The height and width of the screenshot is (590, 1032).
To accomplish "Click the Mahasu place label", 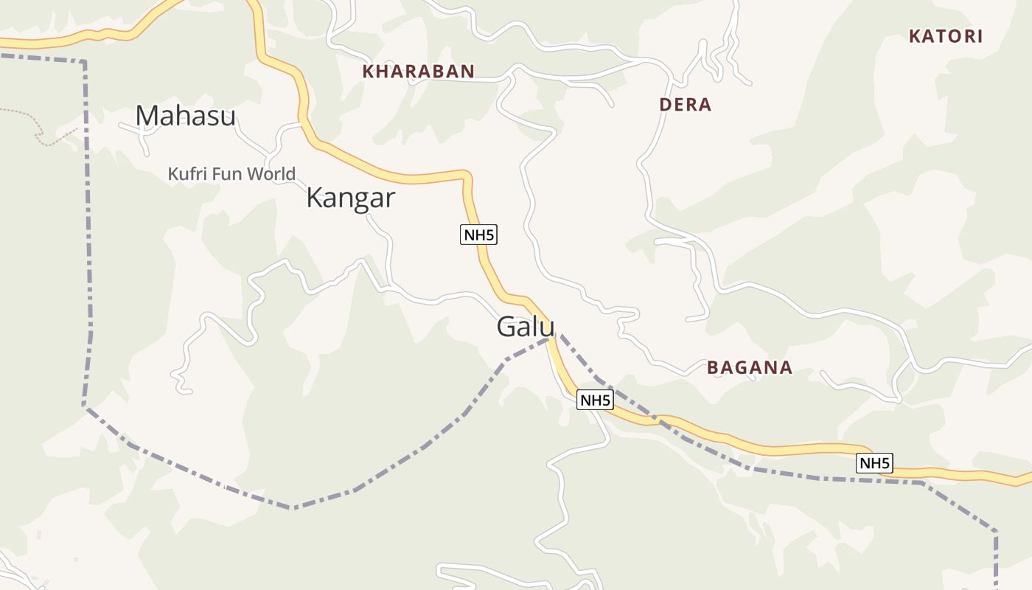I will coord(185,116).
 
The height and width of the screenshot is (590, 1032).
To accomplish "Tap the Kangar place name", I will coord(350,198).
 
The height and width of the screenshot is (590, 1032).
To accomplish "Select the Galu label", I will coord(525,327).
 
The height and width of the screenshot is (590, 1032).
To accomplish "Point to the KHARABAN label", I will coord(418,72).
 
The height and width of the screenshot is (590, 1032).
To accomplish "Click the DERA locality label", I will coord(686,105).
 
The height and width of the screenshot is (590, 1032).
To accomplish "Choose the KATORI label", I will coord(946,37).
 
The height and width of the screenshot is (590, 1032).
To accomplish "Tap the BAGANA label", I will coord(750,367).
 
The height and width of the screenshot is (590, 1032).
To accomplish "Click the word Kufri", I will coord(187,174).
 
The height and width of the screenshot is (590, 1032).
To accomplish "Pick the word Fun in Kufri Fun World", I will coord(231,174).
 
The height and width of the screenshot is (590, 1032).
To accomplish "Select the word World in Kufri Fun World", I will coord(274,174).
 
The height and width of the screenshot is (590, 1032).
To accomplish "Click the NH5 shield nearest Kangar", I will coord(479,235).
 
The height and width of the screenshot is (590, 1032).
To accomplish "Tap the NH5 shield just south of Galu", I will coord(595,400).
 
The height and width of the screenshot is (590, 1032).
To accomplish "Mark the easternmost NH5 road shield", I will coord(874,463).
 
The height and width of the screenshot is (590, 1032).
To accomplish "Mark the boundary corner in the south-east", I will coord(995,531).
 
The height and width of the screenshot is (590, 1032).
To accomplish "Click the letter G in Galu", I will coord(506,327).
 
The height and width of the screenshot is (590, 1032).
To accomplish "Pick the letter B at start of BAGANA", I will coord(712,367).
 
